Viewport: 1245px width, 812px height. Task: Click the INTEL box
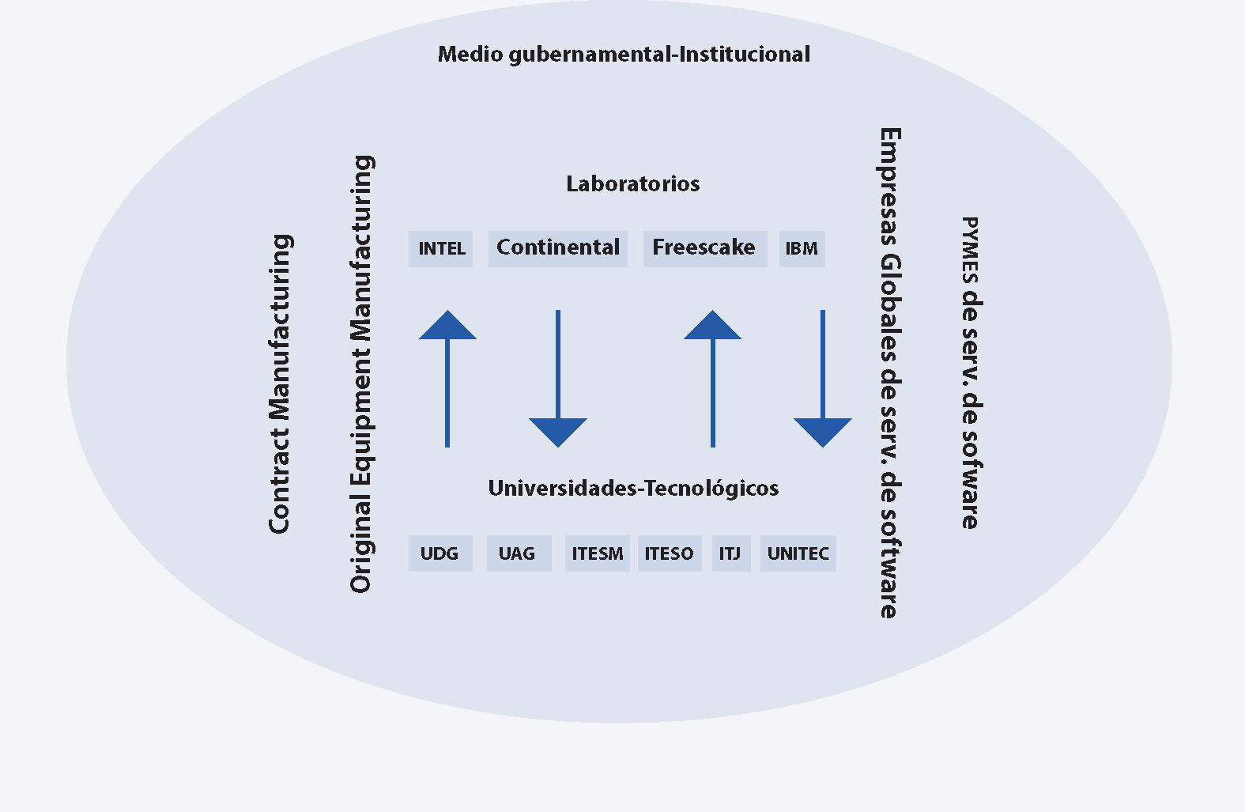440,249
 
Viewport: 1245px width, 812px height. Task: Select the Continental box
557,248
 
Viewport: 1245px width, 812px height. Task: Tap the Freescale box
704,248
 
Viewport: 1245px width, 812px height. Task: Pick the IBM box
802,249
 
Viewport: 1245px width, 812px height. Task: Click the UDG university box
440,553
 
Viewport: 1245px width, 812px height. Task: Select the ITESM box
597,553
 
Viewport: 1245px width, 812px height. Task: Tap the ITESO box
669,553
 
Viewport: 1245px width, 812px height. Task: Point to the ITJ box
730,553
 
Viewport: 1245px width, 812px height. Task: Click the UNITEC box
798,553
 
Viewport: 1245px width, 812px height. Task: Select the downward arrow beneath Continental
558,380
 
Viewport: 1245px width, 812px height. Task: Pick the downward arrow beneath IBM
823,380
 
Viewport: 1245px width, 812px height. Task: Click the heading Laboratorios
632,184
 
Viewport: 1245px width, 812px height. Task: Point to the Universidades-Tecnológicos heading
633,489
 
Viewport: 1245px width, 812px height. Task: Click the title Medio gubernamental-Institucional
624,55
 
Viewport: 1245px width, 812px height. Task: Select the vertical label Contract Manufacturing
280,383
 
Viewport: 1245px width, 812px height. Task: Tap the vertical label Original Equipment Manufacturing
361,373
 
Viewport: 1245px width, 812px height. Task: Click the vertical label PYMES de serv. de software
970,372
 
